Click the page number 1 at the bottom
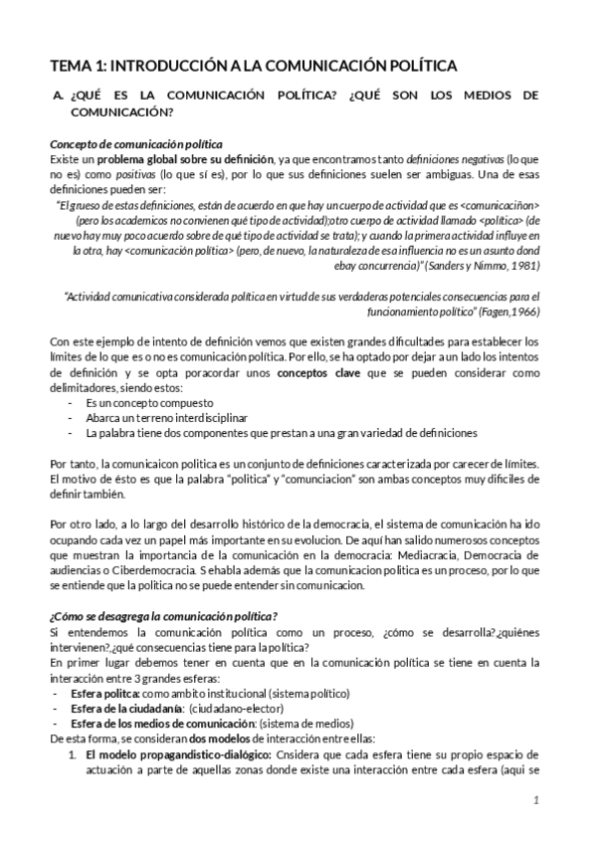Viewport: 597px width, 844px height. click(x=535, y=799)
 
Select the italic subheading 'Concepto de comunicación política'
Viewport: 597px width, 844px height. click(x=135, y=144)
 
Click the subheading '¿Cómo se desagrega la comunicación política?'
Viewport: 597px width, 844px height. click(x=163, y=615)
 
